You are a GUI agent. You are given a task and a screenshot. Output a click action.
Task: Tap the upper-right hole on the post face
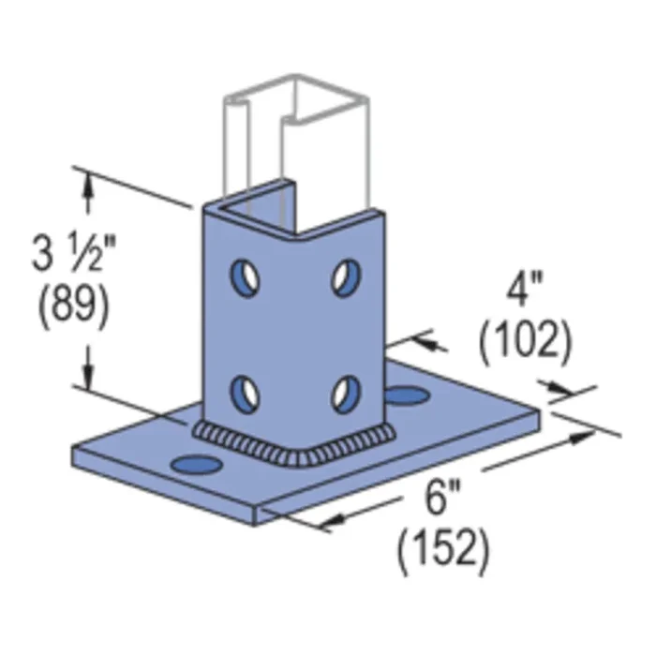click(344, 276)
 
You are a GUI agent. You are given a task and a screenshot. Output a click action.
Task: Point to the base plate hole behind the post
click(405, 395)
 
